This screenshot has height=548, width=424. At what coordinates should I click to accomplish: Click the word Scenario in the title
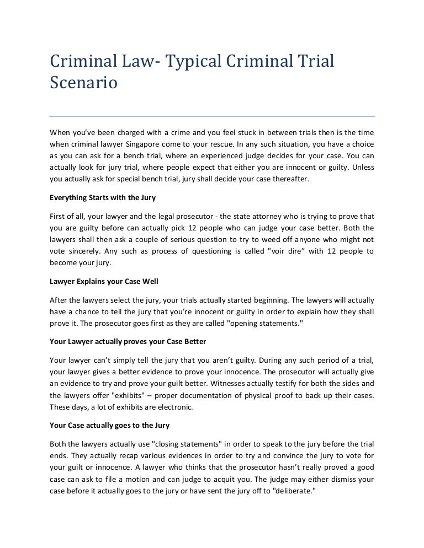pos(83,84)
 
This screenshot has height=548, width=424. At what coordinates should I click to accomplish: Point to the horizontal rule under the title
pos(212,116)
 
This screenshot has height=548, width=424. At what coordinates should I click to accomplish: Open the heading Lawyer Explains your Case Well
pos(104,282)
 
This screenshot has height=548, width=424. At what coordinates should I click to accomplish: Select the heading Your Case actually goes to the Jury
pos(109,425)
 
